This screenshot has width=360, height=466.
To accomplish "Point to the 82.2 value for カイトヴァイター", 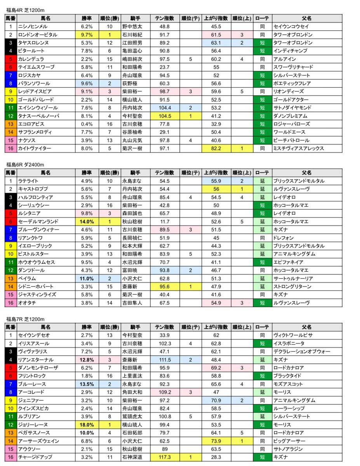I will [x=216, y=148].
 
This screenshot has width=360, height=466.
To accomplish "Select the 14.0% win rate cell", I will [x=87, y=221].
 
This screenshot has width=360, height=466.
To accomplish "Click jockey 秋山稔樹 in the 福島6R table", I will [x=130, y=221].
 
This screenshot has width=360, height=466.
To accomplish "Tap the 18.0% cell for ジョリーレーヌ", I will [x=87, y=424].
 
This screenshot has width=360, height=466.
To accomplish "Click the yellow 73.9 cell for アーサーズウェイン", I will [x=216, y=441].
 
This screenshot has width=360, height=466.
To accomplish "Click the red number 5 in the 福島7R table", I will [x=10, y=367].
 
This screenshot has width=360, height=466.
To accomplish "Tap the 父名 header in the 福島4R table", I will [x=307, y=18].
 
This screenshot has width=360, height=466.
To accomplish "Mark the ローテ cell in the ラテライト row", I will [x=263, y=181].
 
